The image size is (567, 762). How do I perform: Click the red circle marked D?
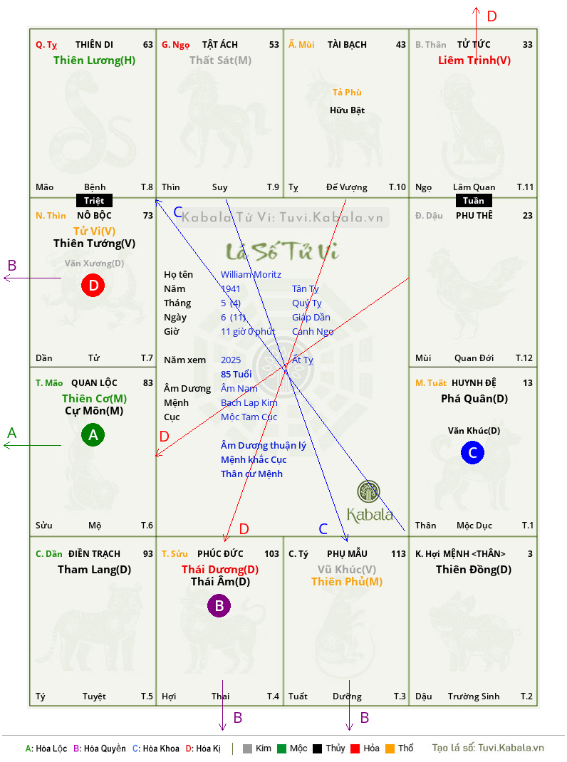click(93, 285)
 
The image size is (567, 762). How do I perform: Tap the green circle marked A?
click(93, 434)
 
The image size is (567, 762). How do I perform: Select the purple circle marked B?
click(219, 605)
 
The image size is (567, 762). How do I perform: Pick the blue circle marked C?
click(472, 452)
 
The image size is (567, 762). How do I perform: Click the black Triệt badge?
click(94, 201)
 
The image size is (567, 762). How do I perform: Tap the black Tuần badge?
click(474, 201)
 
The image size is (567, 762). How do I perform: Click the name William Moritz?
click(251, 275)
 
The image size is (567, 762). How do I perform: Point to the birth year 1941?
click(231, 288)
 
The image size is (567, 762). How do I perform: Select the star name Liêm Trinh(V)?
click(474, 61)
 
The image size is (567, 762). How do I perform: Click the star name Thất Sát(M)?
click(220, 61)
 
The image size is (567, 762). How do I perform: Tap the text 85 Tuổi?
click(236, 374)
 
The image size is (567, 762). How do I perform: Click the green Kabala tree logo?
click(368, 491)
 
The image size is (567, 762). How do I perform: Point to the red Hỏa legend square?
click(355, 748)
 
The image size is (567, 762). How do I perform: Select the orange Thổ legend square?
click(390, 748)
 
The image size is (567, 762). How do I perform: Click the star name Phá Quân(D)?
click(474, 399)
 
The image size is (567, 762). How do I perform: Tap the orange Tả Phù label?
click(347, 93)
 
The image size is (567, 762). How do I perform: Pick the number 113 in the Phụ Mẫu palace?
click(398, 554)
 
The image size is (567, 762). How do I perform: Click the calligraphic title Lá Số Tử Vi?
click(283, 251)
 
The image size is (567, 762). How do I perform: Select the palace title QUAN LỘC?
click(94, 383)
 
